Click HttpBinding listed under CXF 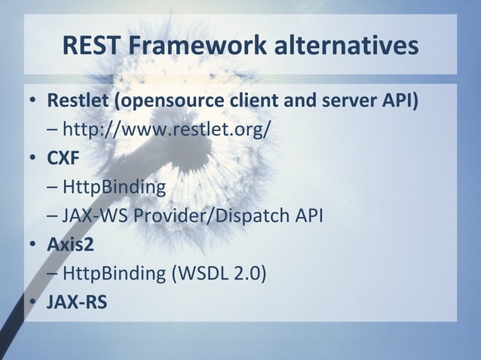(x=114, y=187)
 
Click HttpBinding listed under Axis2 (x=114, y=273)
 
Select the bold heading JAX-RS (x=77, y=303)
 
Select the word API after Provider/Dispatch (x=308, y=216)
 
